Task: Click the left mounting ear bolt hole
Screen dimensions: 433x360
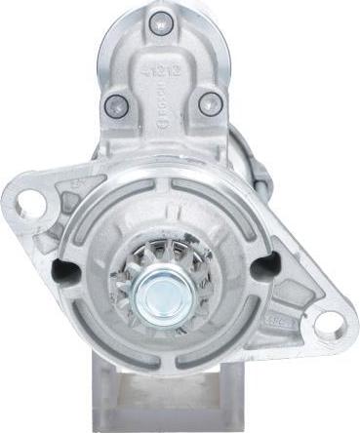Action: [x=31, y=204]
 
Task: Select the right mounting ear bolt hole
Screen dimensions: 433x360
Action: [x=330, y=324]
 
